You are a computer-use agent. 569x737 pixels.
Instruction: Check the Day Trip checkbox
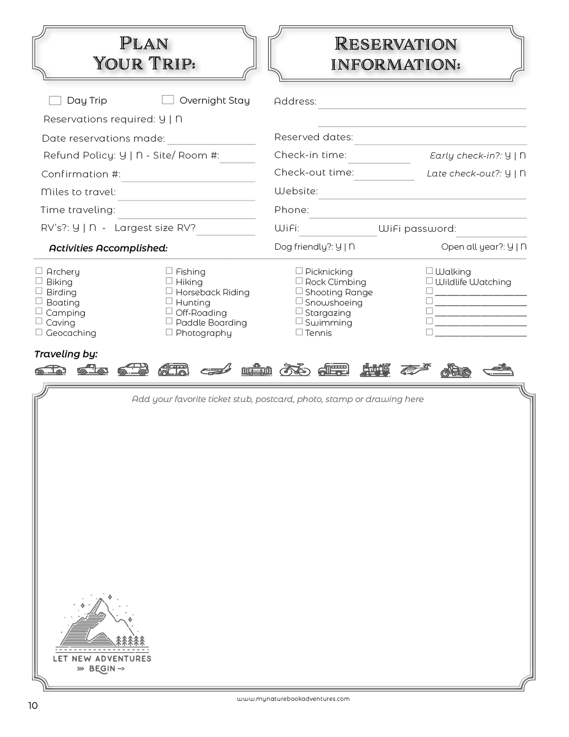[55, 100]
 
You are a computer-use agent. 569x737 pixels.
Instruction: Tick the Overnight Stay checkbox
[168, 99]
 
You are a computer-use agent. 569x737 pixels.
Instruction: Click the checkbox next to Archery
[39, 271]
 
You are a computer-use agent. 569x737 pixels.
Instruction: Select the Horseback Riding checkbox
[169, 291]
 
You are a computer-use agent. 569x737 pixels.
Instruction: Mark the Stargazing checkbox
[299, 311]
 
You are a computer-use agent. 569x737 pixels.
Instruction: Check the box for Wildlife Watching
[429, 281]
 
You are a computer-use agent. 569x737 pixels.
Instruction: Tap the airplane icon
[216, 370]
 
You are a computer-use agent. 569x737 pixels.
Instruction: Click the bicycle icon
[295, 370]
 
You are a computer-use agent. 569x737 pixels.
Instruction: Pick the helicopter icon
[415, 370]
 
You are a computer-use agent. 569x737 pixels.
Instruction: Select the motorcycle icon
[456, 370]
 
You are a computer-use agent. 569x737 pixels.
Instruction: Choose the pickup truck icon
[92, 370]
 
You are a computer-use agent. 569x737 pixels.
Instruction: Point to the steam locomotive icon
[375, 370]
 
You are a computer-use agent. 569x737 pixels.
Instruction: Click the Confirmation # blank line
[188, 177]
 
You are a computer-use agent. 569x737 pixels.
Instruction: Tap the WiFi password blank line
[491, 232]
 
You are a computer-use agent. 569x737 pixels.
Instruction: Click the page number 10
[33, 706]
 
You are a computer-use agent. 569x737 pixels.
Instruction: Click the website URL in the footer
[293, 699]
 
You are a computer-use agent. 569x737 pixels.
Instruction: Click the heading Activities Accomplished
[108, 248]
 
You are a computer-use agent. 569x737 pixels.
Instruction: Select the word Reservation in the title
[396, 44]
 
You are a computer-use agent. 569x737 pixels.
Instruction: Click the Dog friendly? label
[304, 247]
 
